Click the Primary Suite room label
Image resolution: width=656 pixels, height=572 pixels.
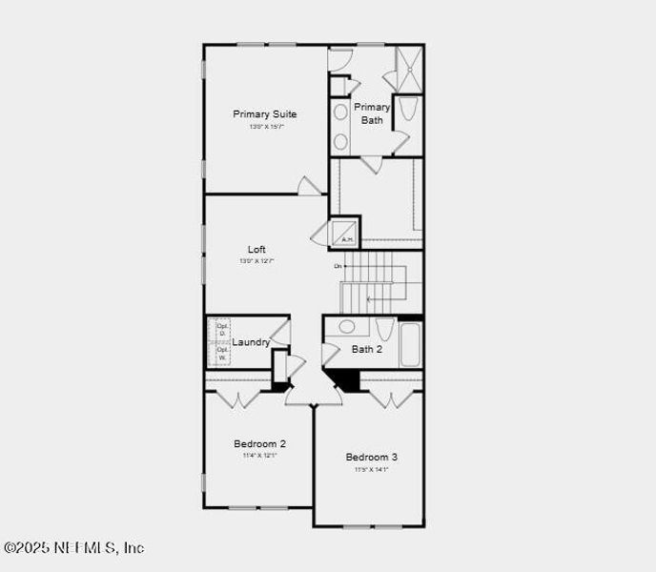point(265,114)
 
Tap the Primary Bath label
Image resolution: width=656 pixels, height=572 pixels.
point(372,113)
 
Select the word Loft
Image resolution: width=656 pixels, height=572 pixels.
point(256,250)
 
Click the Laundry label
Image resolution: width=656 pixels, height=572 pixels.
point(251,342)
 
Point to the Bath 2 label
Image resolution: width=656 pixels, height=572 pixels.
point(367,349)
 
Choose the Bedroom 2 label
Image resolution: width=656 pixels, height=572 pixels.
point(260,443)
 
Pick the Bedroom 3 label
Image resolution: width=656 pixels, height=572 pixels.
point(372,457)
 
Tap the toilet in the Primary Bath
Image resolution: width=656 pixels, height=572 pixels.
point(408,110)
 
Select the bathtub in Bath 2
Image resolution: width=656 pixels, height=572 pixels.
point(411,344)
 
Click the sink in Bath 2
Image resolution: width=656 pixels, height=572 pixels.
point(346,327)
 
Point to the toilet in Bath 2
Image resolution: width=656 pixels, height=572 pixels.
point(385,330)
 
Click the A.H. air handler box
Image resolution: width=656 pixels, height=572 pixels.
point(345,234)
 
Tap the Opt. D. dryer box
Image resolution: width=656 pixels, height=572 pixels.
point(222,328)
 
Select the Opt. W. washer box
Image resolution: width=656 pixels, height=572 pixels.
point(222,354)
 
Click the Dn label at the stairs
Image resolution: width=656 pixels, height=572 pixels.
point(338,266)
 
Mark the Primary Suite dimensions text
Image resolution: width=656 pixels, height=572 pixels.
point(267,127)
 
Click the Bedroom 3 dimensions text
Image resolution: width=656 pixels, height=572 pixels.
point(372,469)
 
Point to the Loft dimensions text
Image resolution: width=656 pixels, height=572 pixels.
point(256,261)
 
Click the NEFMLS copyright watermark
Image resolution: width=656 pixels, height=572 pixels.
point(74,547)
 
